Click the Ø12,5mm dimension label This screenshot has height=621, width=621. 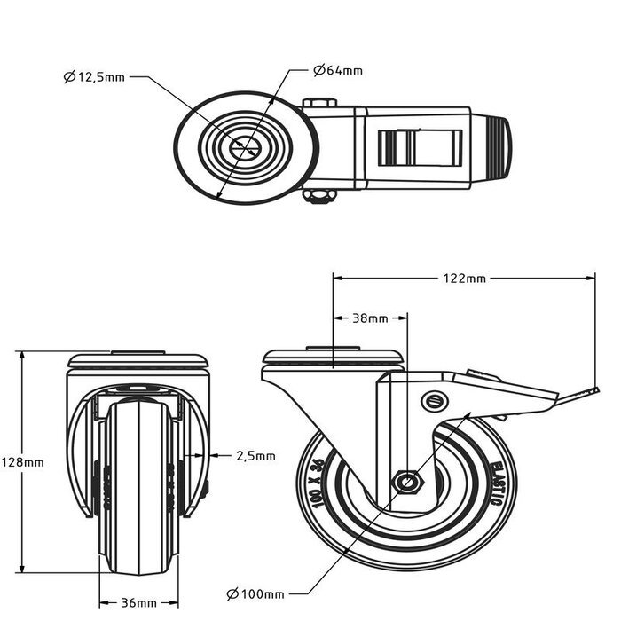pos(96,77)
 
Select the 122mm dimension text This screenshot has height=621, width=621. pos(464,278)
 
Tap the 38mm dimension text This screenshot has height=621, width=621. pos(370,317)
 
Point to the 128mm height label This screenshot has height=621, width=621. pos(22,462)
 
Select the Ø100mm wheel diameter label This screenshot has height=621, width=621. pos(256,593)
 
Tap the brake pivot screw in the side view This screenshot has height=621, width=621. pos(434,399)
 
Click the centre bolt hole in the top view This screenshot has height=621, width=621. pos(242,148)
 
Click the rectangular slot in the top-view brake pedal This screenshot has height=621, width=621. pos(421,147)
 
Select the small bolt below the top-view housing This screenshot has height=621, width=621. pos(318,196)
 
